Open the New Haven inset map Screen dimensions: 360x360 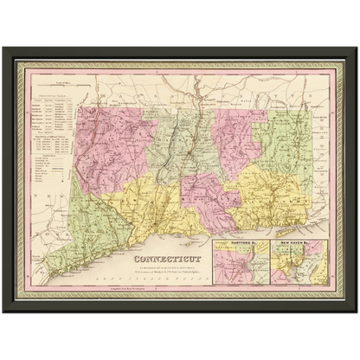pos(298,268)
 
